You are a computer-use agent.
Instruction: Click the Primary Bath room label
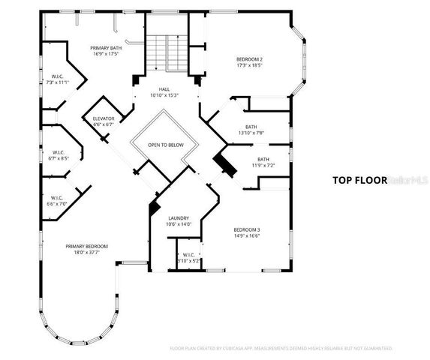(x=104, y=46)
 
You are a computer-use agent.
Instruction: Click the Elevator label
(x=103, y=118)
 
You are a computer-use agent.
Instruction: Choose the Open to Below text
(x=165, y=145)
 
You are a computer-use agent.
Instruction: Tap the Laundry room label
(x=179, y=217)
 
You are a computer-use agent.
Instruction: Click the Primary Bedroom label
(x=86, y=246)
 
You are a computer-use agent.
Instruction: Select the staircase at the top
(x=165, y=52)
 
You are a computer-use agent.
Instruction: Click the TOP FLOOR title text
(x=359, y=180)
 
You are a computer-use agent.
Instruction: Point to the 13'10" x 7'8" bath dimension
(x=251, y=133)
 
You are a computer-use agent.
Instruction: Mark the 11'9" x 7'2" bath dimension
(x=263, y=165)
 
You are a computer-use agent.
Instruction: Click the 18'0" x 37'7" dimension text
(x=86, y=253)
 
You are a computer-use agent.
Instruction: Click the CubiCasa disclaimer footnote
(x=281, y=349)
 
